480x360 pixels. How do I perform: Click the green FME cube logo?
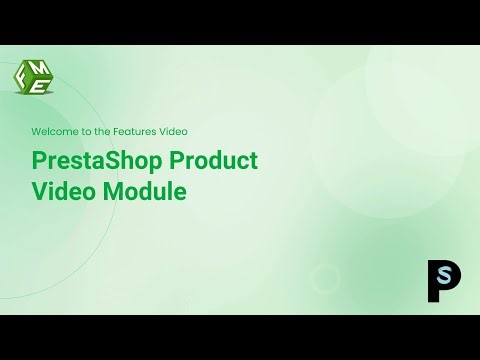pos(34,78)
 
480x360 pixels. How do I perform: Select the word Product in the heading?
pos(213,161)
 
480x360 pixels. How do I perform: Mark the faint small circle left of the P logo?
pos(326,277)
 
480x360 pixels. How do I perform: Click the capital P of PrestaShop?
pos(39,161)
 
